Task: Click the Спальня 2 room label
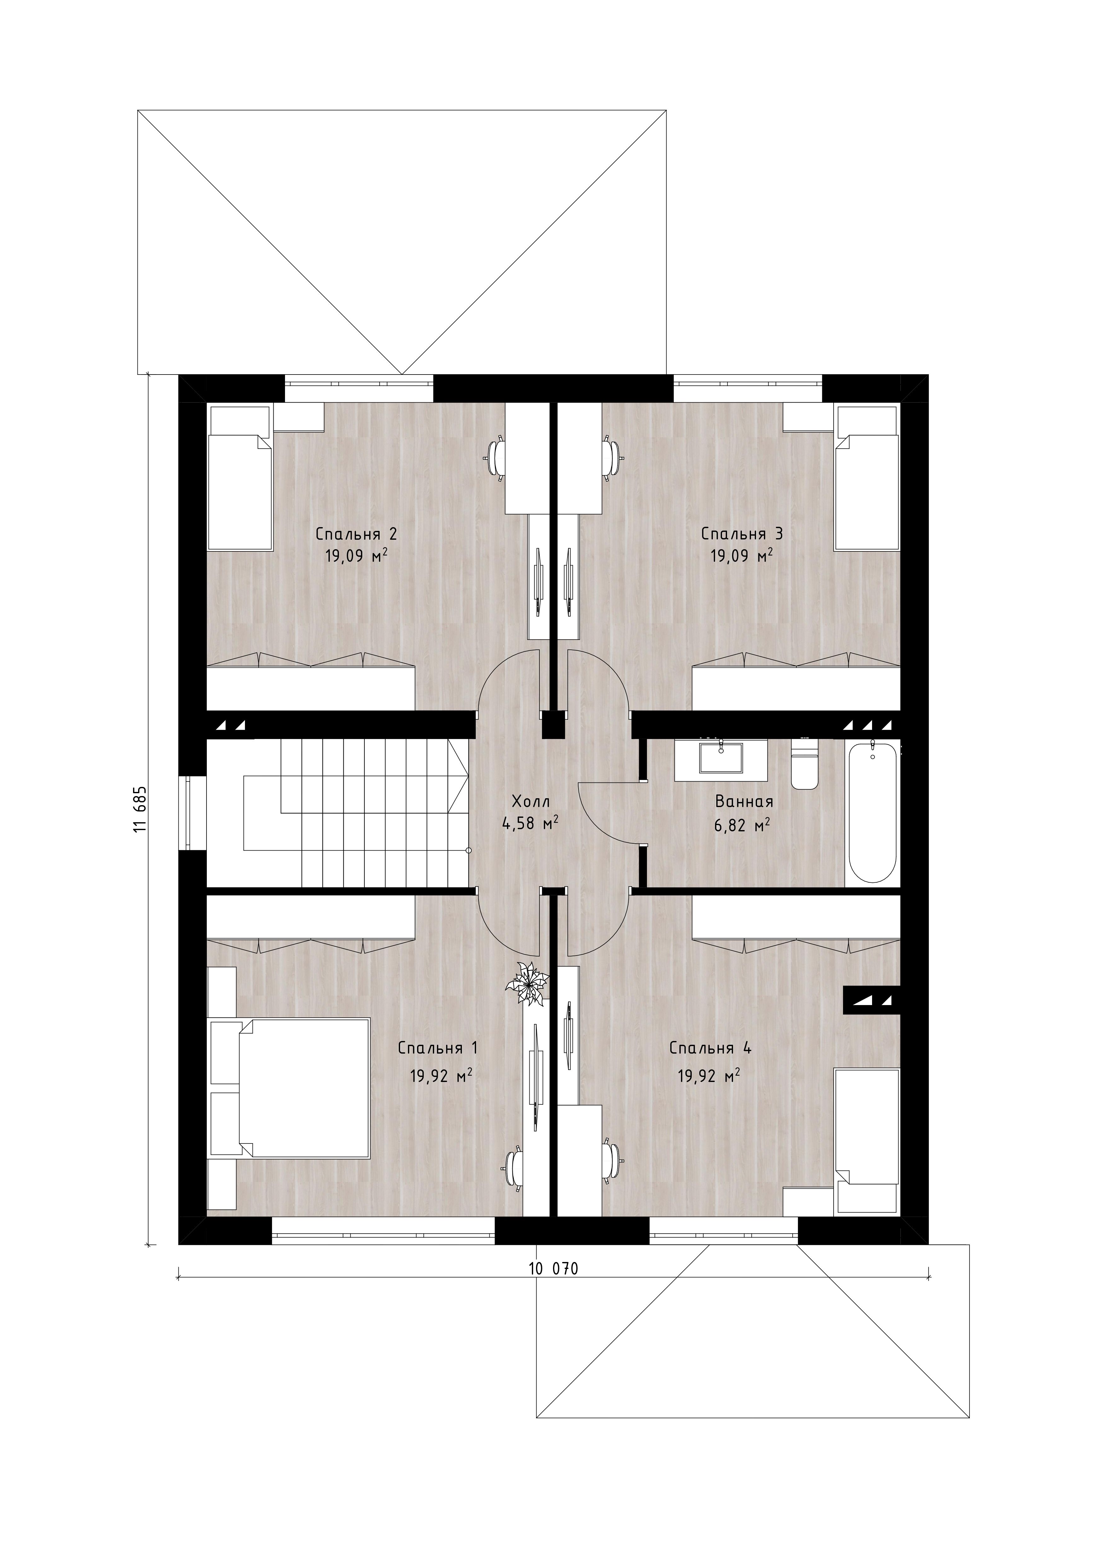[356, 534]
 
